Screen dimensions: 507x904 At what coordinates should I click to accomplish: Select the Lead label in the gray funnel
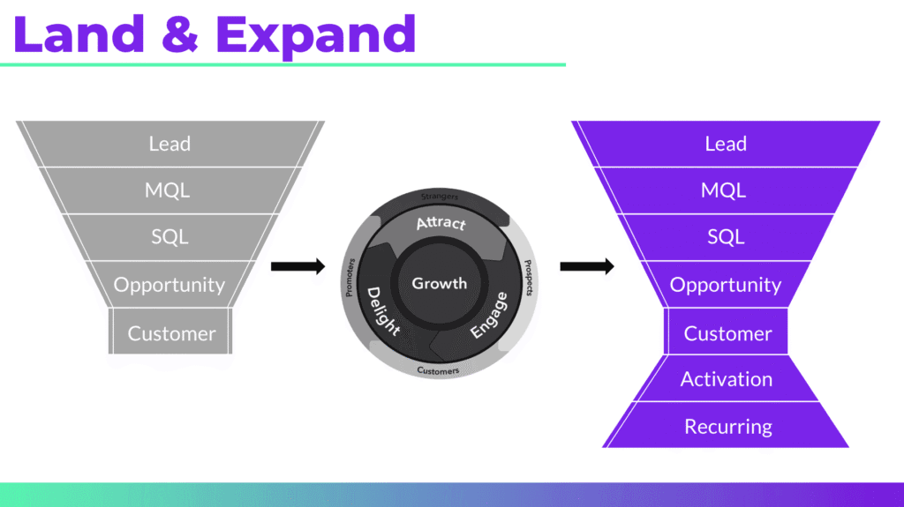coord(169,144)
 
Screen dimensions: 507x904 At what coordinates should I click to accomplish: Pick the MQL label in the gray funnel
coord(169,190)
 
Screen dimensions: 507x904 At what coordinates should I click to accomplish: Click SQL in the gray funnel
coord(169,237)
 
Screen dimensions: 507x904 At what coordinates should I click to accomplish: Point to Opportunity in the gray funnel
coord(169,285)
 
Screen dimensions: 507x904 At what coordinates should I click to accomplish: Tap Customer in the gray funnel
coord(171,333)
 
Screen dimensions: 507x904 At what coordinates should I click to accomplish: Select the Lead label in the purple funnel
coord(726,144)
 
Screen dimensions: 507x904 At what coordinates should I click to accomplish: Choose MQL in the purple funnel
coord(726,190)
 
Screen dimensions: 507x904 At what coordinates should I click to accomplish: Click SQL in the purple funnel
coord(726,237)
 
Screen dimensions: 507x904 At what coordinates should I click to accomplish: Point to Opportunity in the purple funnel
coord(726,285)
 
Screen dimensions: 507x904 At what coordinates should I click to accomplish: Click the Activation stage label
coord(727,379)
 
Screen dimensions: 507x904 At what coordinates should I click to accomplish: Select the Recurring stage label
coord(728,427)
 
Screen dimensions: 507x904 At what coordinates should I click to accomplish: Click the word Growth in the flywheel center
coord(440,283)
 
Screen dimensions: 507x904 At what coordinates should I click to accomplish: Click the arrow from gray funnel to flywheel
coord(298,266)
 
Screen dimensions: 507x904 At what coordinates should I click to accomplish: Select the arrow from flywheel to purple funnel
coord(587,266)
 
